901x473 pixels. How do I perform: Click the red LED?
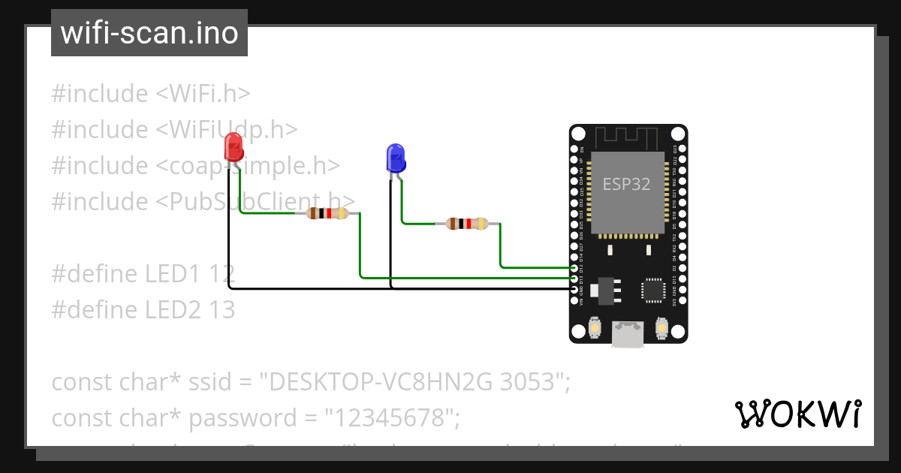tap(234, 146)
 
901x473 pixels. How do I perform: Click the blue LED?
tap(395, 158)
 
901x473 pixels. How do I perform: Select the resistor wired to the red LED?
tap(327, 213)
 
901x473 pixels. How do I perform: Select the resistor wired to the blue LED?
tap(466, 223)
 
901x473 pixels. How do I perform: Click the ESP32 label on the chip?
tap(626, 184)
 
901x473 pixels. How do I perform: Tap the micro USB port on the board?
tap(628, 333)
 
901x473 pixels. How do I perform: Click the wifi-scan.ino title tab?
tap(149, 33)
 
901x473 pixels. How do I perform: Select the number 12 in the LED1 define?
tap(222, 273)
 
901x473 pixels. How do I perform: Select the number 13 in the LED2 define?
tap(222, 309)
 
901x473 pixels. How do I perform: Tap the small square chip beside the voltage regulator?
tap(652, 291)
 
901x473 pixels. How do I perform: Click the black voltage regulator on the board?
tap(606, 291)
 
